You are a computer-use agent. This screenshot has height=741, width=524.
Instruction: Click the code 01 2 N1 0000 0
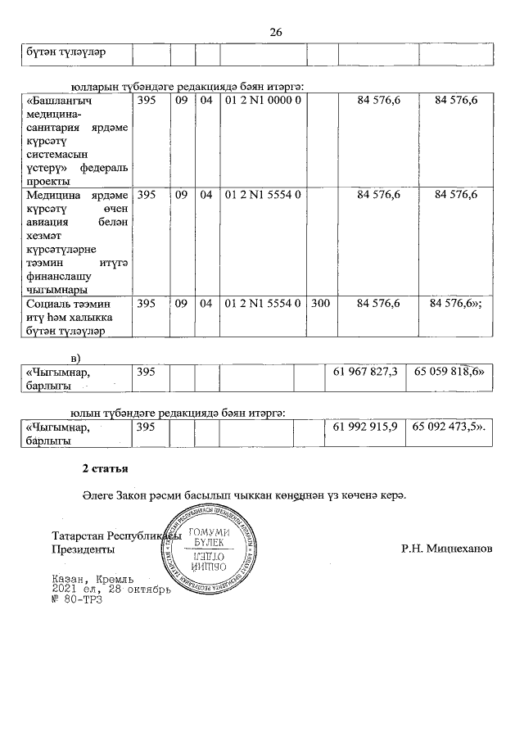264,101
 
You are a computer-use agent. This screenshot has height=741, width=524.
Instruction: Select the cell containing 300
321,304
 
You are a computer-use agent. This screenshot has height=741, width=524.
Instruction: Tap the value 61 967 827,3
366,373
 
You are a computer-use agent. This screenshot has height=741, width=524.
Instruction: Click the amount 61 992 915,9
366,427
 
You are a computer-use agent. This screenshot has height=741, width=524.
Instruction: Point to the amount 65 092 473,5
449,427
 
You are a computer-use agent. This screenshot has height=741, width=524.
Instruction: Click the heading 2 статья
104,469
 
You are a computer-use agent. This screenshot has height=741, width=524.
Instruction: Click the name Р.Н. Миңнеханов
447,549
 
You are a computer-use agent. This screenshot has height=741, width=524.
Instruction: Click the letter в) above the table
77,359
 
